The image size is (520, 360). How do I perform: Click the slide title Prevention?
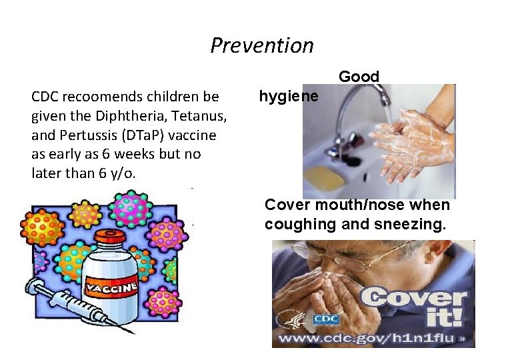pyautogui.click(x=261, y=45)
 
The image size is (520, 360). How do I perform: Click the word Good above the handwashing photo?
pyautogui.click(x=359, y=77)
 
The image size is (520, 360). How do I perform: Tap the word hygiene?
pyautogui.click(x=289, y=97)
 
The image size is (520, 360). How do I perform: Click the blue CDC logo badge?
pyautogui.click(x=327, y=319)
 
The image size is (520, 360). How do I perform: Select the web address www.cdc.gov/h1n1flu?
pyautogui.click(x=367, y=338)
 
